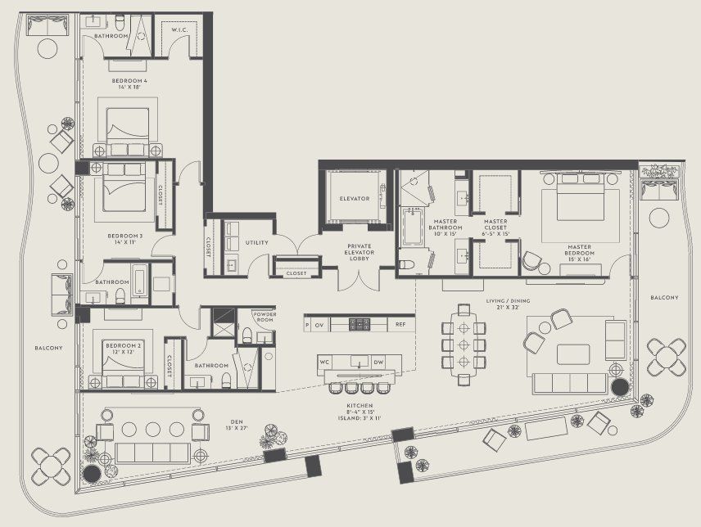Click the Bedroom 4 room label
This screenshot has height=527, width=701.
coord(130,82)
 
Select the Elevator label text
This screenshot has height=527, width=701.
coord(354,199)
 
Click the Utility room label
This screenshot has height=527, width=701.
coord(256,243)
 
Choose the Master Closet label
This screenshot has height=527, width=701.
coord(495,221)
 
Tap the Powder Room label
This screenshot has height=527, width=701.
coord(263,316)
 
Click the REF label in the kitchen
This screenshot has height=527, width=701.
coord(400,325)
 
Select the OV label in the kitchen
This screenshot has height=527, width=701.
coord(319,325)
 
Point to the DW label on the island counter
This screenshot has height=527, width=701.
coord(378,362)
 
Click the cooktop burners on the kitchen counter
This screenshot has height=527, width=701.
coord(360,324)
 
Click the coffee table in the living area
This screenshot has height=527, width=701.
coord(573,354)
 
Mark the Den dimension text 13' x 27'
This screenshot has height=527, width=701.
coord(235,429)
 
